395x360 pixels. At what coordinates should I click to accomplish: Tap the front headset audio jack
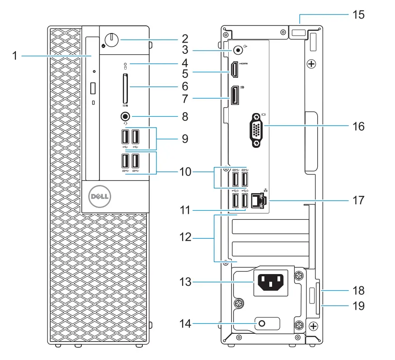125,117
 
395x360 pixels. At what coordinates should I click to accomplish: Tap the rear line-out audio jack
235,49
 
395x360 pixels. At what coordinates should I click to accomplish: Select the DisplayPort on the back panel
235,95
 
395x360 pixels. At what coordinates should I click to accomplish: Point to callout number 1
14,56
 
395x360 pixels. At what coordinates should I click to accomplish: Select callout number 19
358,306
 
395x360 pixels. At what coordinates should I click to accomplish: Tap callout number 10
185,172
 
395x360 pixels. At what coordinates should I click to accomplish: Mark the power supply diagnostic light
262,323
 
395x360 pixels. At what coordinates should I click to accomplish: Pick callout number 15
358,14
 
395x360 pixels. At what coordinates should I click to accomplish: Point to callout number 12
185,237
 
